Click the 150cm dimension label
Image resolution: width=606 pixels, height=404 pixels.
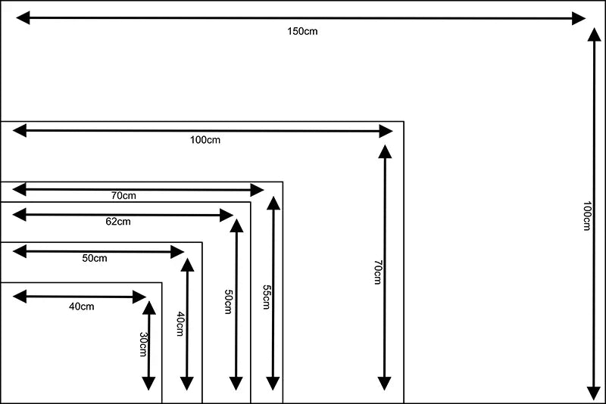click(x=301, y=31)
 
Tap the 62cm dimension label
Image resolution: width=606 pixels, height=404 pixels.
click(x=118, y=222)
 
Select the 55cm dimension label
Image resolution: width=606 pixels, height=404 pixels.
click(x=265, y=297)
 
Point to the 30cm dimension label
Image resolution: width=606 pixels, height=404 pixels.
click(x=143, y=345)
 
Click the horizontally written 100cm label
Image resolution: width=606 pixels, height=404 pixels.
click(x=205, y=140)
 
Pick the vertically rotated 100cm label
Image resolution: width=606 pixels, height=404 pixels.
click(x=587, y=216)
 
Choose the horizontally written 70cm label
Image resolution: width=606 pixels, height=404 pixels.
click(x=123, y=196)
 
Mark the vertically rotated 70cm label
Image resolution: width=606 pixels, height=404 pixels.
click(x=377, y=272)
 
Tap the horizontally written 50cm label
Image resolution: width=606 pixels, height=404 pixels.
click(x=95, y=258)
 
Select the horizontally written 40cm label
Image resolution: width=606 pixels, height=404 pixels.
click(x=82, y=306)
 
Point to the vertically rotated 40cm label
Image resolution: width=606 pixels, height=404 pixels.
click(x=180, y=325)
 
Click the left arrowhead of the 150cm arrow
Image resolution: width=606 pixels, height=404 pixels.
click(x=23, y=17)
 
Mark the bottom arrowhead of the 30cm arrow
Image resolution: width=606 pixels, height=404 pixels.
click(x=148, y=384)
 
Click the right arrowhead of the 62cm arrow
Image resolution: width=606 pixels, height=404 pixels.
click(x=226, y=215)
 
